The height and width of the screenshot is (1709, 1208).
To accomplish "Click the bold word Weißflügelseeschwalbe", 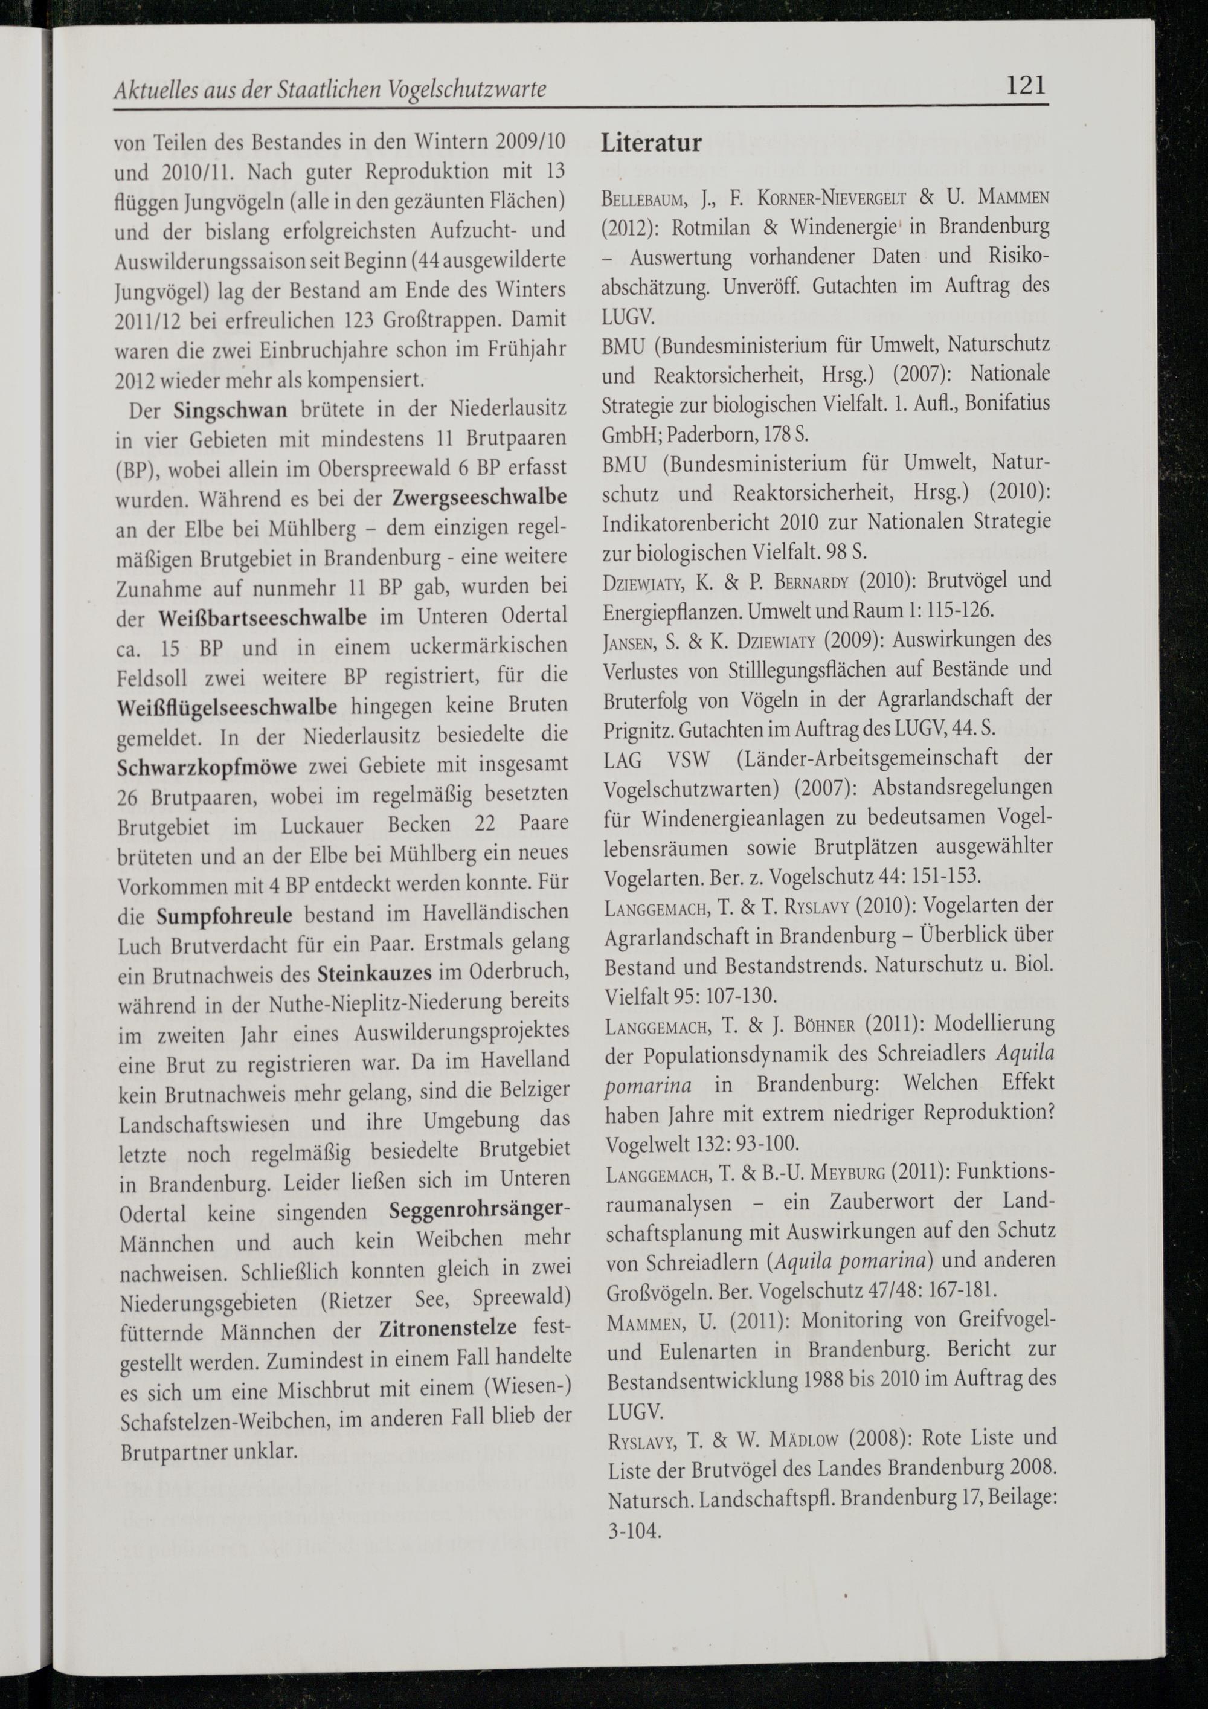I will [x=227, y=706].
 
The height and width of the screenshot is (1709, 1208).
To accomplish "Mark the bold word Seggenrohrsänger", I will [x=478, y=1210].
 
